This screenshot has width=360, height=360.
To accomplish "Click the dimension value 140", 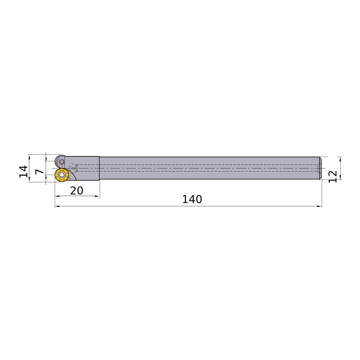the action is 192,199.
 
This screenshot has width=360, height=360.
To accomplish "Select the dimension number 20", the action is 76,191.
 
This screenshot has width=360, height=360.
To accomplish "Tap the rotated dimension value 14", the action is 23,171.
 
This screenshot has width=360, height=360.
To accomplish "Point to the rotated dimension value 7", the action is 39,172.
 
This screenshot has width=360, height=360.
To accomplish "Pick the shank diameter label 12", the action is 332,176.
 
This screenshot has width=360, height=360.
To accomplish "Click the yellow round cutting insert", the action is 62,175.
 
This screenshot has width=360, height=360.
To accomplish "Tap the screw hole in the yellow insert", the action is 62,175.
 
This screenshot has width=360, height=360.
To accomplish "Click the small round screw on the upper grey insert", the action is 62,162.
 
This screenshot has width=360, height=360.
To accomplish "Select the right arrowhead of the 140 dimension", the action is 319,206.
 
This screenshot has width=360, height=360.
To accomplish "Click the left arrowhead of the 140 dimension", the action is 57,206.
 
